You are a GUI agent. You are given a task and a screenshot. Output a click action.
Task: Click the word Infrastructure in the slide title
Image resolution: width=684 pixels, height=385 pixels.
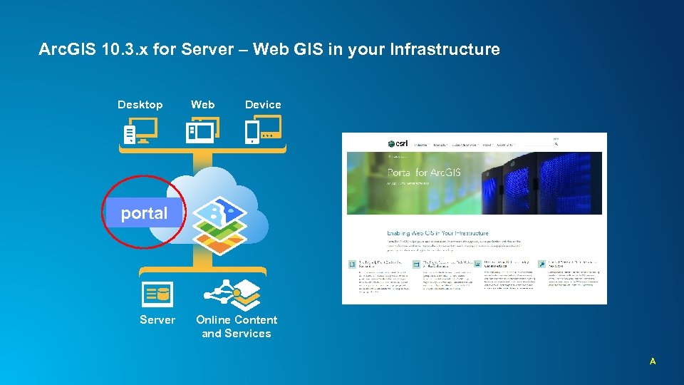coord(451,50)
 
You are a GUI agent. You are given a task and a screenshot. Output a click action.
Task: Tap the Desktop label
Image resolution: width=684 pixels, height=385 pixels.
coord(140,105)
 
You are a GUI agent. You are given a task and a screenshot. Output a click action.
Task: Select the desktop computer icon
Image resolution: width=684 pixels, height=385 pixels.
coord(140,130)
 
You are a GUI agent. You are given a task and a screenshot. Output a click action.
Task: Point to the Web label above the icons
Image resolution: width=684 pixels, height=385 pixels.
coord(202,105)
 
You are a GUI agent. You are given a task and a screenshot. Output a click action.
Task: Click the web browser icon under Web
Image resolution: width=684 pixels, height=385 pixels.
coord(202,130)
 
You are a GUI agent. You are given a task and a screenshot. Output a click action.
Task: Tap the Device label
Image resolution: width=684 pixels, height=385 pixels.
coord(263,105)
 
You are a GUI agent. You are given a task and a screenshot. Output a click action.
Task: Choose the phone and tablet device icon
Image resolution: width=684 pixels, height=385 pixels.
coord(263,130)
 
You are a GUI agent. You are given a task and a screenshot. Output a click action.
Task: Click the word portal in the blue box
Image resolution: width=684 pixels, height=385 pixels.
coord(144,213)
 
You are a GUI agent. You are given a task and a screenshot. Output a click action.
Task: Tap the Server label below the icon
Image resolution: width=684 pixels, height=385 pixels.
coord(157,320)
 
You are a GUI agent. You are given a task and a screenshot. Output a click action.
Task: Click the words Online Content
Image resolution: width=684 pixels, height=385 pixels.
coord(237,320)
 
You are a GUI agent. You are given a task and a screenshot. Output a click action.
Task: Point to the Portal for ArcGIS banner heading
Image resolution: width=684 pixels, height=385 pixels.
coord(424,172)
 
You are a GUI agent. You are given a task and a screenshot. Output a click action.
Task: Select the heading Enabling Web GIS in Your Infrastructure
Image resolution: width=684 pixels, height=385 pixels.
coord(437,233)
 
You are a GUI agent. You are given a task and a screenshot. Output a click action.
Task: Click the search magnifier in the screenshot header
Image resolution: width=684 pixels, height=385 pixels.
coord(556,144)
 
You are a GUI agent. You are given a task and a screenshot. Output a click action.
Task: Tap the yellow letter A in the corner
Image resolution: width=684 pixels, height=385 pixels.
coord(652,362)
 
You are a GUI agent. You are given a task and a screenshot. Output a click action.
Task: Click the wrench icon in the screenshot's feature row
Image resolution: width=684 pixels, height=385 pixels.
coord(542,264)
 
